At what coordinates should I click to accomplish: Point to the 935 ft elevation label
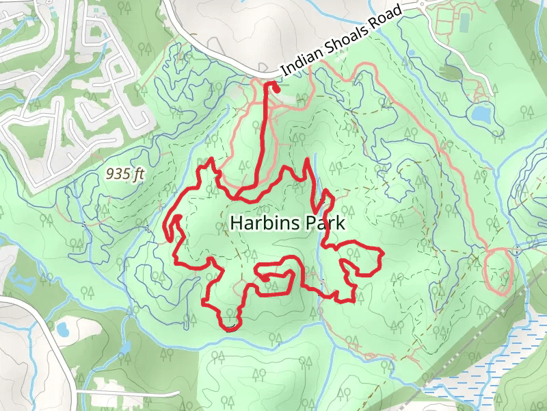pos(126,175)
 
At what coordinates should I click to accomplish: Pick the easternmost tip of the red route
pos(381,255)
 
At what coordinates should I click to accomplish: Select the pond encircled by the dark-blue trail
pos(481,112)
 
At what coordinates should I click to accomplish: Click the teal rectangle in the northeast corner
pos(464,23)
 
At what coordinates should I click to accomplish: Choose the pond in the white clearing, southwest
pos(63,329)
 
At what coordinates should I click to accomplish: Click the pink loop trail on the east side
pos(498,270)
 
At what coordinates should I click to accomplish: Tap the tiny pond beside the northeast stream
pos(412,52)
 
